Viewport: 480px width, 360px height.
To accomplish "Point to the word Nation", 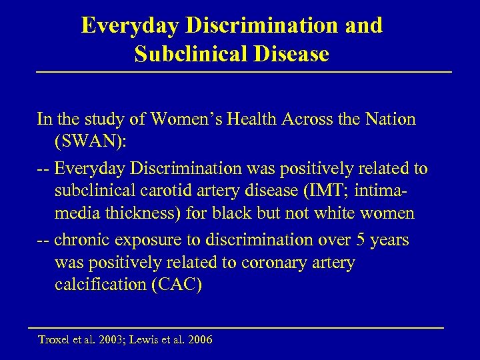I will (x=387, y=119).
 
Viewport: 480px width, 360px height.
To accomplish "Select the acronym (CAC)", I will (x=178, y=286).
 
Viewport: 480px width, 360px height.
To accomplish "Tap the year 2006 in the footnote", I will (x=199, y=340).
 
